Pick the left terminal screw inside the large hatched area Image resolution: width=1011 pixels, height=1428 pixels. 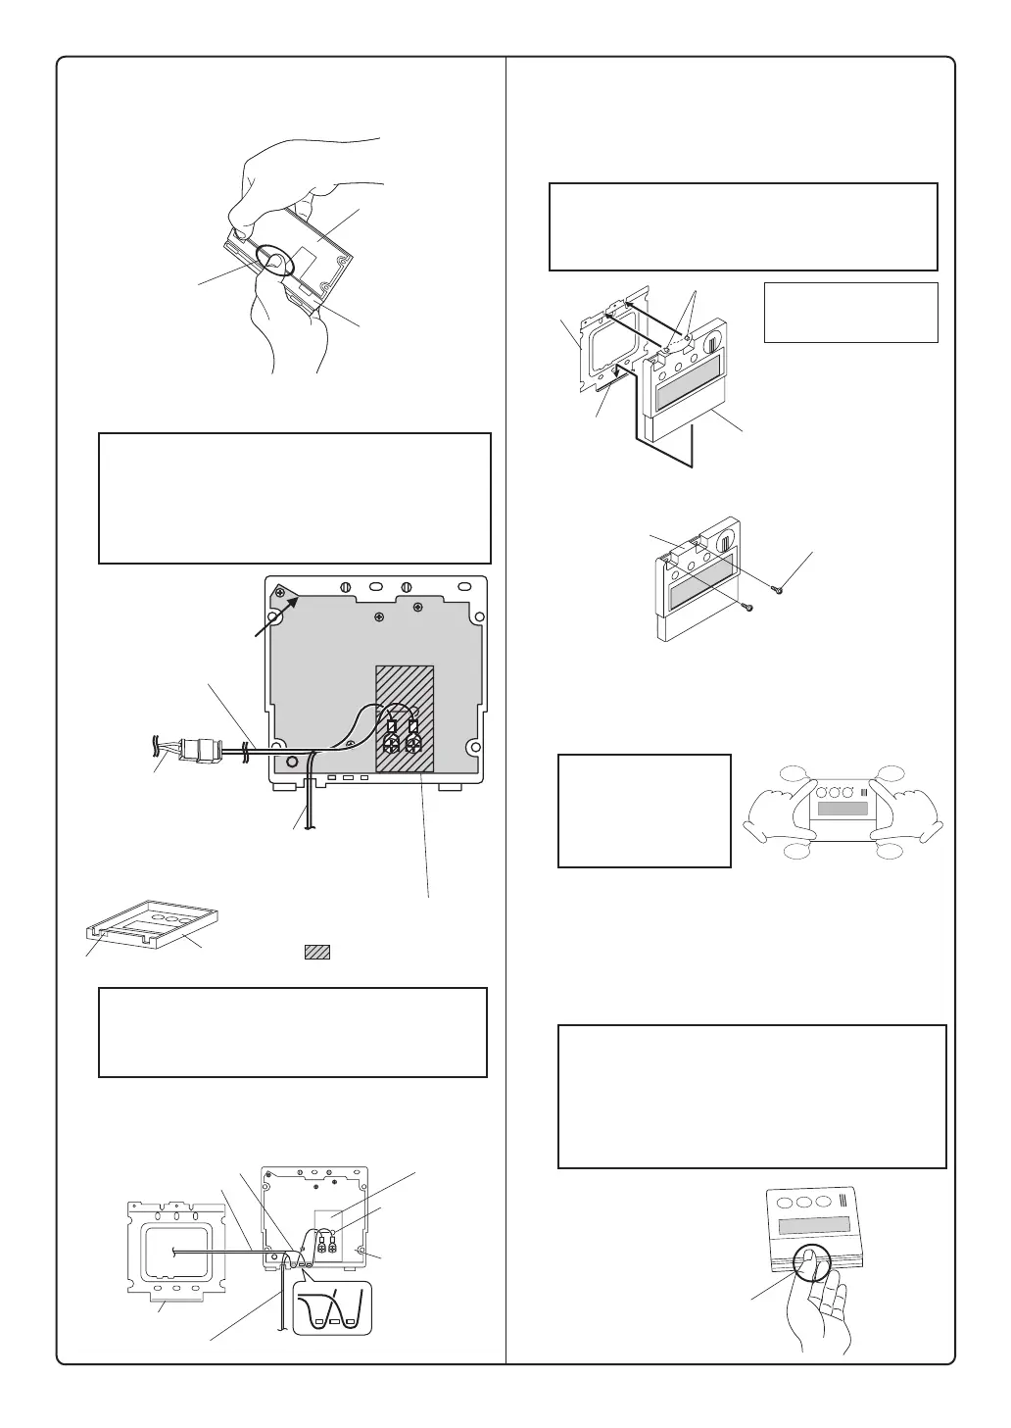(x=390, y=743)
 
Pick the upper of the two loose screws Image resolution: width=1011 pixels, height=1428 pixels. (x=778, y=588)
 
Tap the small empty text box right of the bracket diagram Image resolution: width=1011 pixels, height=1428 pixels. (x=850, y=313)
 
